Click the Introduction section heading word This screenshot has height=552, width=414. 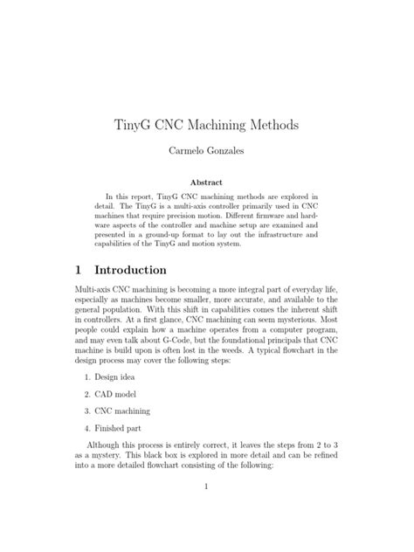click(132, 270)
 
